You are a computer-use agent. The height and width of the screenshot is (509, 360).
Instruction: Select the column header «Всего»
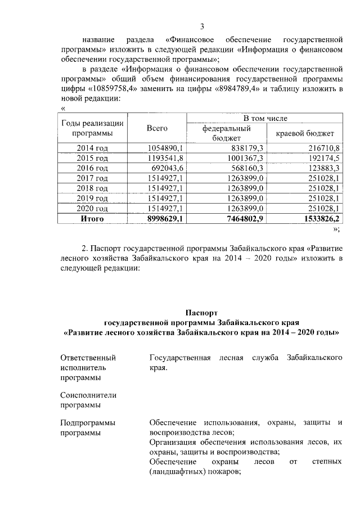tap(157, 128)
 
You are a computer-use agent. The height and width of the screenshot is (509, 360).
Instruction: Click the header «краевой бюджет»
tap(305, 133)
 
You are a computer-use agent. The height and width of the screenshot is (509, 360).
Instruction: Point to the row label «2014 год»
tap(92, 148)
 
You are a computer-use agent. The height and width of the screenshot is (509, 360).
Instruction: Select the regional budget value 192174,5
tap(321, 158)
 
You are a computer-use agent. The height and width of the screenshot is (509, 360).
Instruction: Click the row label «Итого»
tap(92, 219)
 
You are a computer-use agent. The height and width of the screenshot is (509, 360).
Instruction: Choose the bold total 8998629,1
tap(163, 219)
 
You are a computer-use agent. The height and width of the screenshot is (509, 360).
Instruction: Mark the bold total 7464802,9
tap(242, 219)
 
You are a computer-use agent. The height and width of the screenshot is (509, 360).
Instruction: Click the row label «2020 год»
tap(92, 209)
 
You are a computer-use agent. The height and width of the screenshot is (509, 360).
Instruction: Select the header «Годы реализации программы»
tap(92, 128)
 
